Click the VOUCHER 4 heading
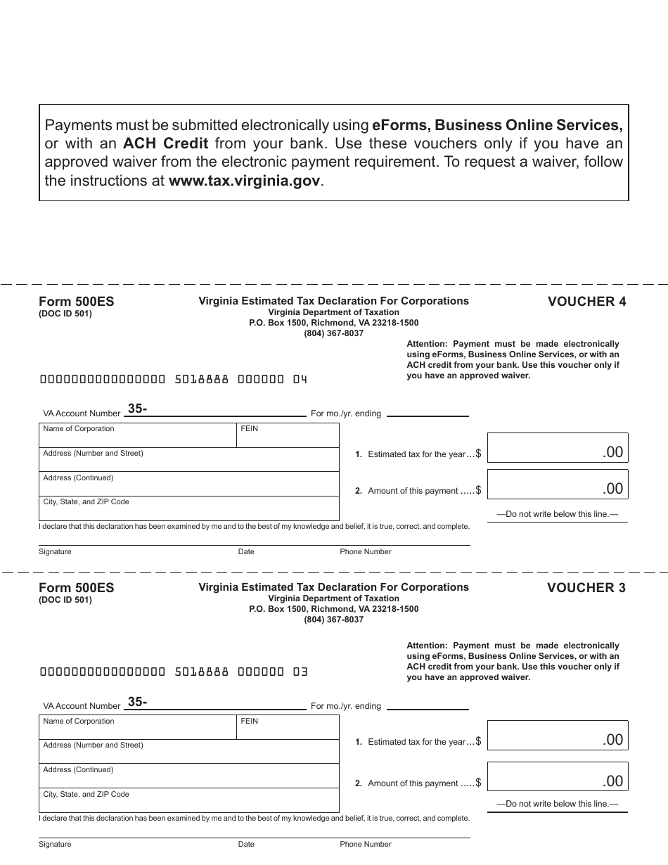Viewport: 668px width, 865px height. point(586,302)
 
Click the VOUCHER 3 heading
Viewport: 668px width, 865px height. point(586,588)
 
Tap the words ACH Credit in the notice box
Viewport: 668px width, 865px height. point(165,144)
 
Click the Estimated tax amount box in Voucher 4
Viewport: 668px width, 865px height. point(557,448)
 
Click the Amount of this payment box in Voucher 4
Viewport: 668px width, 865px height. point(557,485)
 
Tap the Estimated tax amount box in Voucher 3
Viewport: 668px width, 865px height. point(557,736)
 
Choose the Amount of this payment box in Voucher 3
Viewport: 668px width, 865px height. point(557,777)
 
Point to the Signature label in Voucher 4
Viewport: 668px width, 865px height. point(55,552)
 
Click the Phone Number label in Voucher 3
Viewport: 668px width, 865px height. point(366,844)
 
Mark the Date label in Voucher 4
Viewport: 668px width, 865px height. point(246,552)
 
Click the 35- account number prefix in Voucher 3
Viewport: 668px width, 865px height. point(137,701)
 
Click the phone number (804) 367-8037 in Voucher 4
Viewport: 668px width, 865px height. point(333,333)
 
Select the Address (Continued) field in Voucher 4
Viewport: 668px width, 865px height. point(188,485)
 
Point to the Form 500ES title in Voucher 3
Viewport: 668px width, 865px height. point(76,588)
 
